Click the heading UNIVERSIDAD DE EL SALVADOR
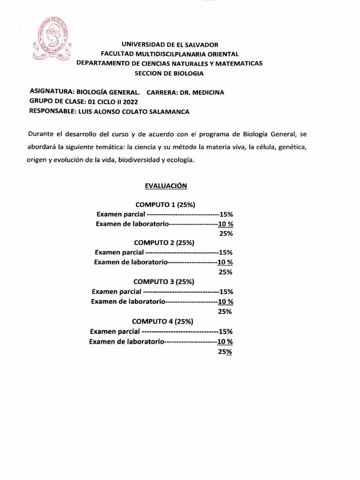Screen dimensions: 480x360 tap(170, 45)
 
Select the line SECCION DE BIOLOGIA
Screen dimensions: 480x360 tap(169, 73)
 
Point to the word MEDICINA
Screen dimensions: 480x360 tap(207, 92)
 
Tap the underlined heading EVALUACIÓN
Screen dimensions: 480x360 tap(166, 186)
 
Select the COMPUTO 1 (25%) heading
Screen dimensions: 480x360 tap(165, 205)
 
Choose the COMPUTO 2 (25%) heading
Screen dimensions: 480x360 tap(164, 243)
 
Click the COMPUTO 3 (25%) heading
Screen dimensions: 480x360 tap(164, 282)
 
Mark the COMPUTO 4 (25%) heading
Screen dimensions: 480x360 tap(163, 321)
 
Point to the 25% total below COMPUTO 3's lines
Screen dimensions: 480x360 tap(225, 311)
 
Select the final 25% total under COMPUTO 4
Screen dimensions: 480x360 tap(225, 352)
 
